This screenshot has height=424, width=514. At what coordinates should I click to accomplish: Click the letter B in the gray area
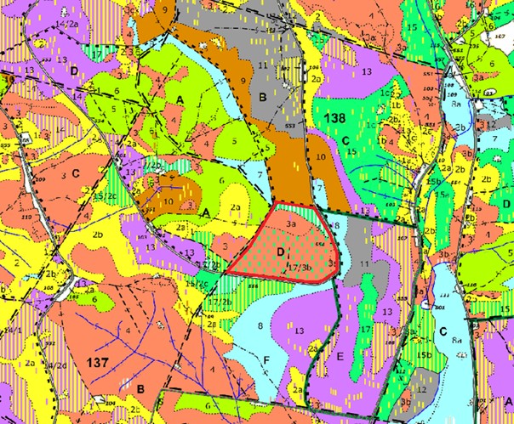coord(263,99)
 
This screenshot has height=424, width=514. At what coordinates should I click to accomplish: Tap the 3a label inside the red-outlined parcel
coord(290,223)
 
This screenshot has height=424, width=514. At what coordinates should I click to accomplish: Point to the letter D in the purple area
coord(74,70)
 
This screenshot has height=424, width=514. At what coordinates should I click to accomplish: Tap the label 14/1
coord(14,330)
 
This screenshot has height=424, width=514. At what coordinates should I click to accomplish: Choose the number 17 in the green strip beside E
coord(364,328)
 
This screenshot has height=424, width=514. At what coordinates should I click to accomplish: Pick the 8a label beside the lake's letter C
coord(457,342)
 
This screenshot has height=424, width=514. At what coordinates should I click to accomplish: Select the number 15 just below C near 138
coord(350,151)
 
